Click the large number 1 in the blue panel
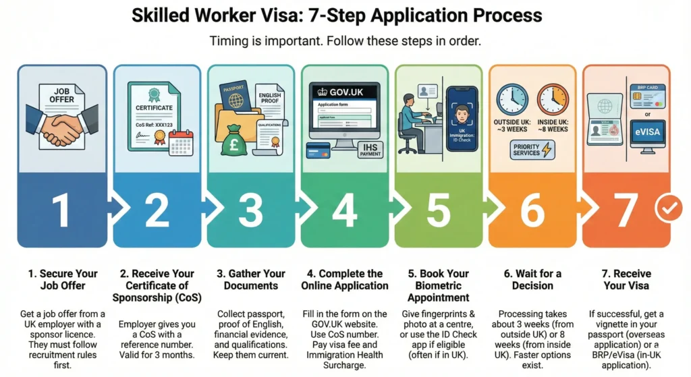click(x=61, y=210)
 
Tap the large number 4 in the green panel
click(x=344, y=210)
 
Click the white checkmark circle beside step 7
click(x=669, y=210)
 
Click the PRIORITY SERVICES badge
click(x=533, y=150)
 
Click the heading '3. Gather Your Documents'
click(x=250, y=279)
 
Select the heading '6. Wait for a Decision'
click(x=532, y=279)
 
